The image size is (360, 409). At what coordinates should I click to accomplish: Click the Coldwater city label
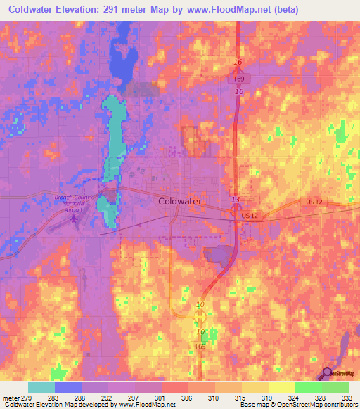180,201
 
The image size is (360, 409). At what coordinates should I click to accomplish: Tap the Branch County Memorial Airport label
74,202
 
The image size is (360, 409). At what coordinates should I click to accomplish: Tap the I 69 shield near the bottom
201,347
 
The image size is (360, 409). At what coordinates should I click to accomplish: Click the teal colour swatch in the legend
41,387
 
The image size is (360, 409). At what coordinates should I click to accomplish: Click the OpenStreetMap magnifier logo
327,373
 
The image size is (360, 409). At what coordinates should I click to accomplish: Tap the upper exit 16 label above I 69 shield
238,62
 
